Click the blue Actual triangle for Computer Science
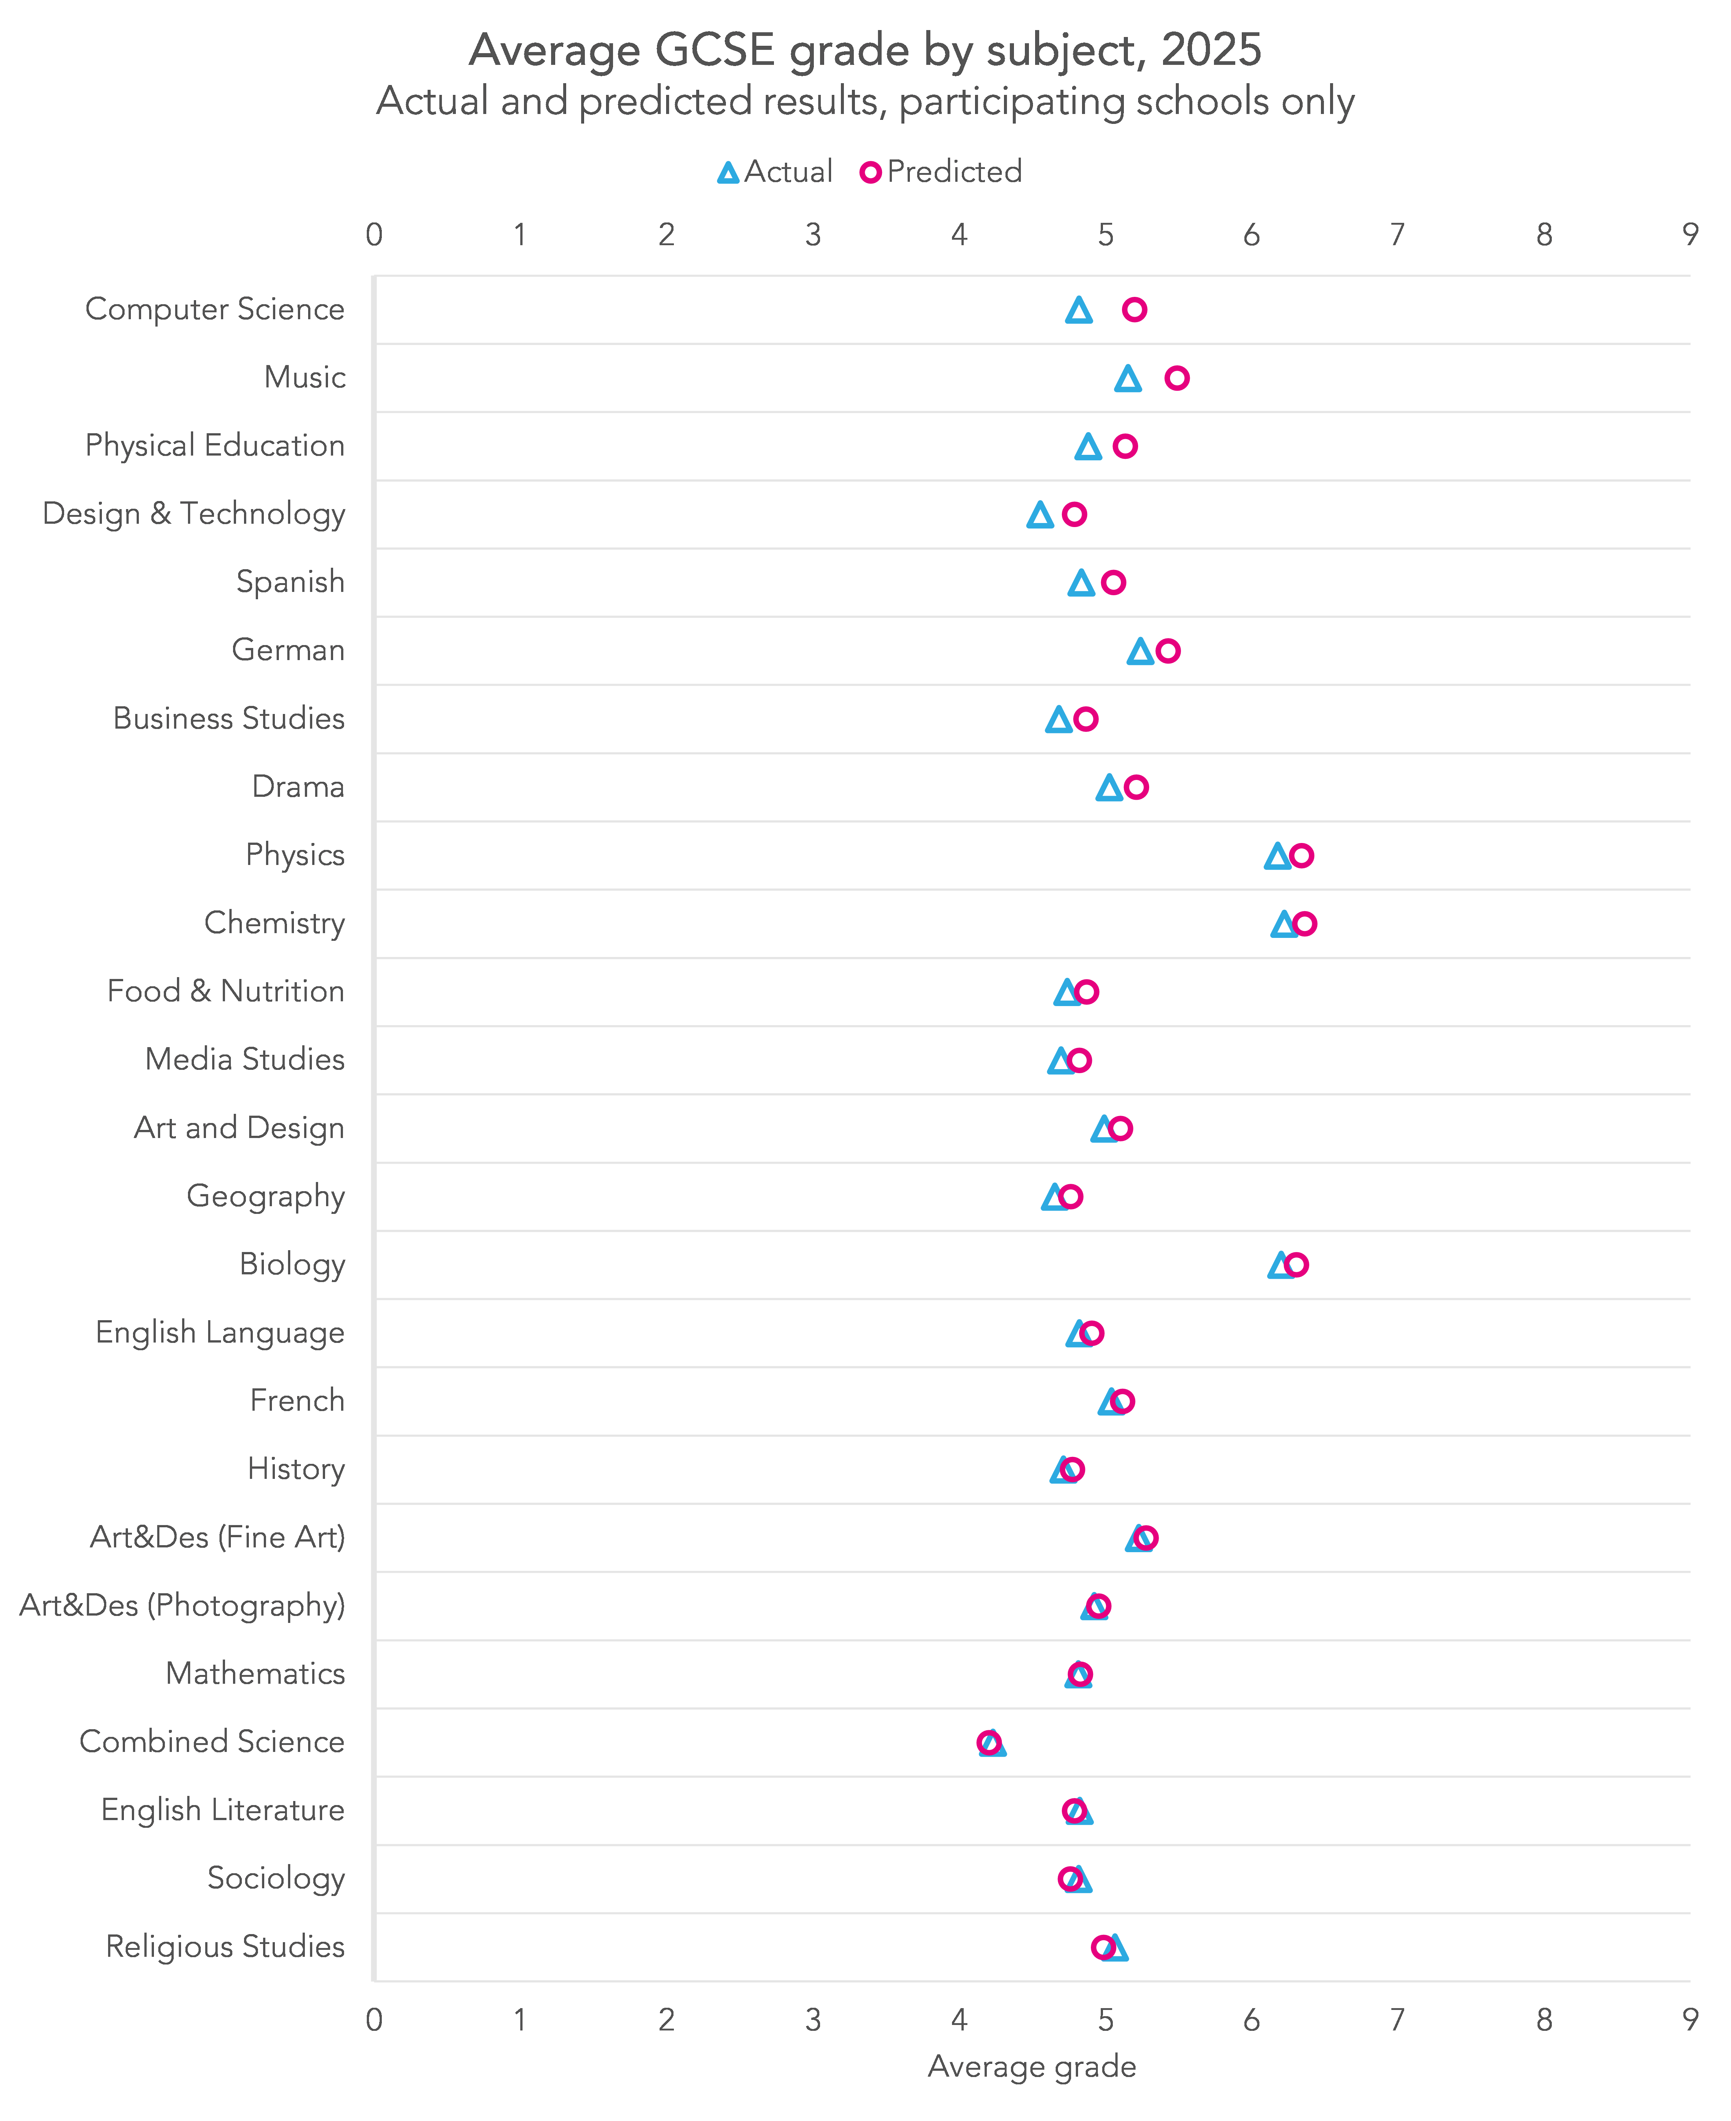coord(1078,311)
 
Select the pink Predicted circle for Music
coord(1177,378)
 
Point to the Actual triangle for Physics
coord(1277,857)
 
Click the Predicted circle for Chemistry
coord(1304,923)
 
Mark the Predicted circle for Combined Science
coord(988,1742)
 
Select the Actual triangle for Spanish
coord(1081,583)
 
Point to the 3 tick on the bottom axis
coord(813,2019)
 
